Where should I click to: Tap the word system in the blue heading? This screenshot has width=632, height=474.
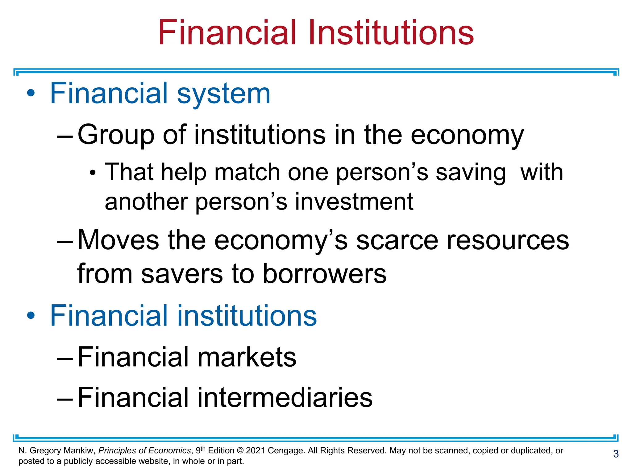223,94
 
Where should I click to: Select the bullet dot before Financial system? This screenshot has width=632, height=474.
31,93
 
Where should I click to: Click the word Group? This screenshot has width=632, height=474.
116,135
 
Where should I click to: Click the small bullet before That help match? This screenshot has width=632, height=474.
93,173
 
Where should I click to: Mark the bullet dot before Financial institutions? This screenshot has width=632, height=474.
31,315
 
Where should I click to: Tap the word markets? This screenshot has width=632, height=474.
247,357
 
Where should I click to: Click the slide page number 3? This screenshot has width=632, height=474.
616,454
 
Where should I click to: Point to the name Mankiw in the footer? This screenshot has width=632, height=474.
79,451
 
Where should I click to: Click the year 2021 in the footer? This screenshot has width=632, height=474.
256,451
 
